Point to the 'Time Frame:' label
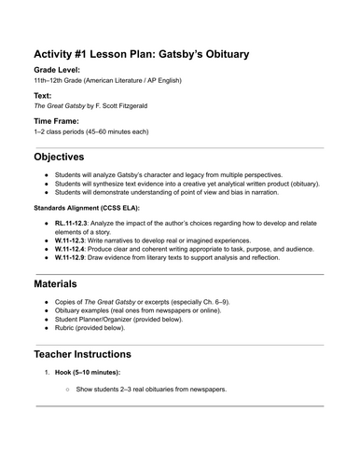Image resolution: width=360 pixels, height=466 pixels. tap(61, 121)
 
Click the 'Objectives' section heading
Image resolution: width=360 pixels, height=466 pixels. tap(71, 156)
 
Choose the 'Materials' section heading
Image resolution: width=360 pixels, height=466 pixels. tap(63, 282)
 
